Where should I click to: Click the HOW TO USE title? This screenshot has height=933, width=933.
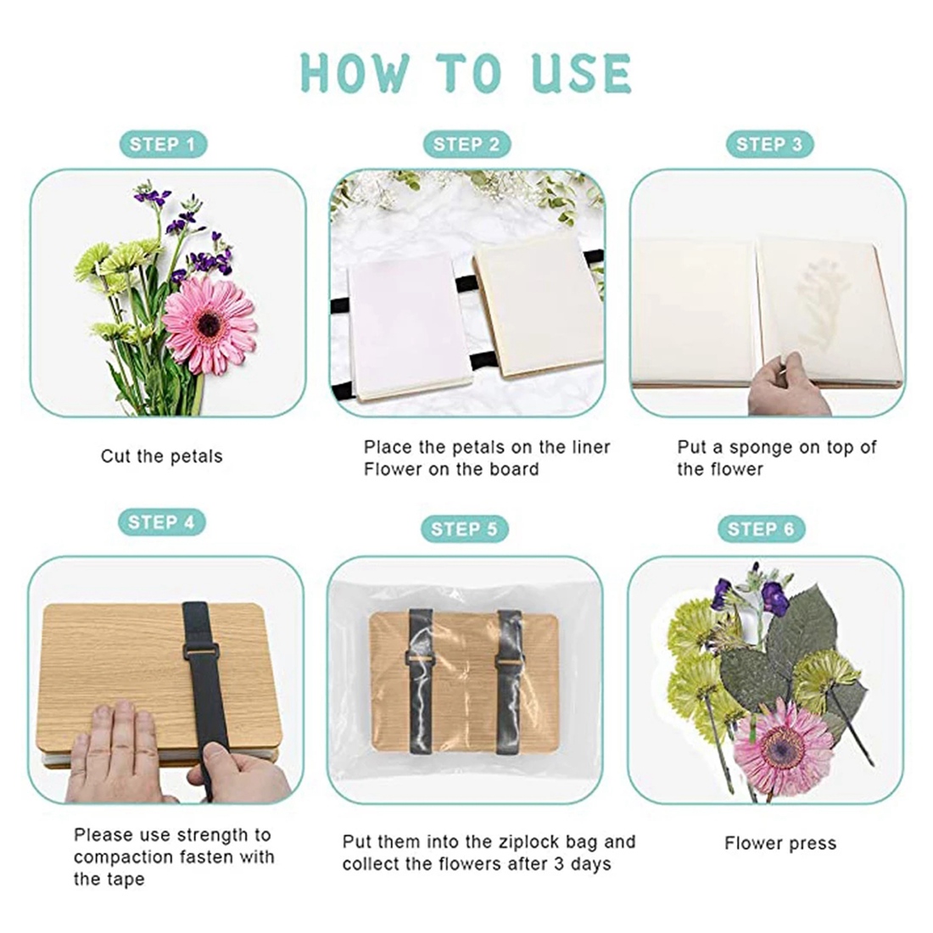click(466, 73)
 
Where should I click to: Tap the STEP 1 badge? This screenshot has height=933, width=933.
click(163, 144)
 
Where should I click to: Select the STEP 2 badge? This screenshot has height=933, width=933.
click(466, 144)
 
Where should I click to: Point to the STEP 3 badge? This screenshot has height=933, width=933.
click(769, 144)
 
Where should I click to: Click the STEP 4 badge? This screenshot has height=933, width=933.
click(162, 522)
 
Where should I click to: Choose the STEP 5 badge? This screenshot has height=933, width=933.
click(464, 529)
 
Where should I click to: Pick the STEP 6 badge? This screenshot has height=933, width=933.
click(761, 529)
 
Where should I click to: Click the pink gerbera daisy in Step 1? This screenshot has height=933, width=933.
click(210, 324)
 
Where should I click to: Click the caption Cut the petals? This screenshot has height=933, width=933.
click(162, 456)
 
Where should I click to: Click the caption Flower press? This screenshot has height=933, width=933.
click(780, 844)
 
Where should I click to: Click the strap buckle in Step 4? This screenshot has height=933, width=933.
click(201, 651)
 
